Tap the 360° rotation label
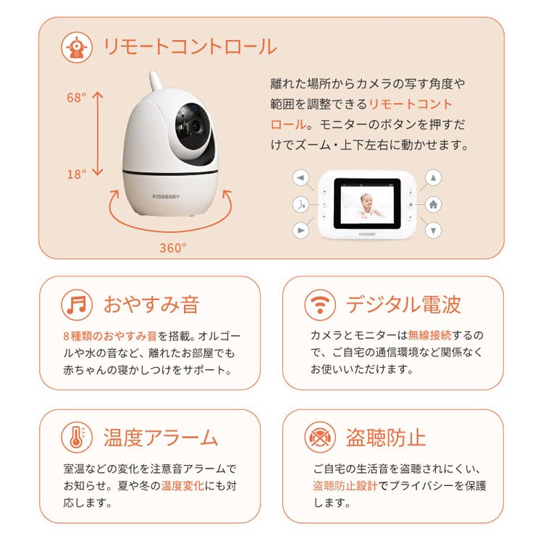click(x=172, y=247)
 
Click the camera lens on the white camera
click(x=194, y=125)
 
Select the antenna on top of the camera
click(x=155, y=83)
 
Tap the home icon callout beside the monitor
click(x=433, y=204)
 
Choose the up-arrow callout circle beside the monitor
click(x=433, y=178)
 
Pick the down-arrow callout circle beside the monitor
click(x=433, y=230)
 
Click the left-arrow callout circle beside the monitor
click(x=301, y=178)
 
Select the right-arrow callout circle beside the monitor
click(x=301, y=230)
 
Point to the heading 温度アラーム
click(x=160, y=437)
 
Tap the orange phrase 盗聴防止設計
click(x=345, y=485)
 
